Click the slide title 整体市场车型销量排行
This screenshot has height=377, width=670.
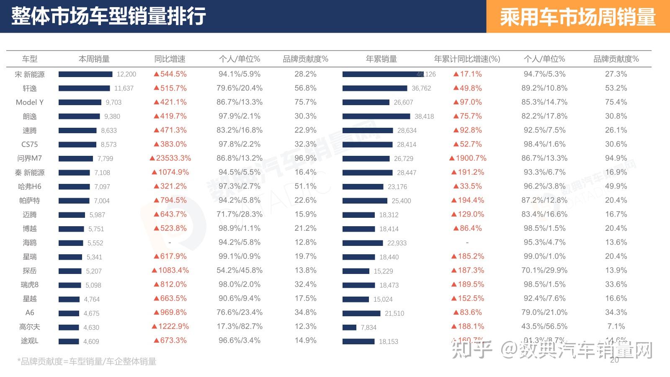[x=108, y=16]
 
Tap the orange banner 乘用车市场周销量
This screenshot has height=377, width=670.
[x=577, y=17]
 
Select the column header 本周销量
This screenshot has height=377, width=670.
[x=94, y=59]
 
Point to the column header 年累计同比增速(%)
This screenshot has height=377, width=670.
[x=467, y=59]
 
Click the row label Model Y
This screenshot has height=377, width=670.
[x=30, y=102]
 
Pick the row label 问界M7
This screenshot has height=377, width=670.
[x=30, y=158]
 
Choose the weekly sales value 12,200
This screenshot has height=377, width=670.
[x=126, y=75]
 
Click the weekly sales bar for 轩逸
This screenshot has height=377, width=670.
[x=84, y=88]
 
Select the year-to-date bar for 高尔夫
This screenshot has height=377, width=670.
[x=349, y=327]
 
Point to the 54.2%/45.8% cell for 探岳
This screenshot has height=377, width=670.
[x=240, y=271]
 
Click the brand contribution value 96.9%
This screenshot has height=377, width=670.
[x=305, y=158]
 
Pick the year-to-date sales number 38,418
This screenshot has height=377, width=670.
[x=424, y=116]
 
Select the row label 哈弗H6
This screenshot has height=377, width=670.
[x=30, y=186]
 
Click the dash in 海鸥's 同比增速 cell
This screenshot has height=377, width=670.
[x=170, y=243]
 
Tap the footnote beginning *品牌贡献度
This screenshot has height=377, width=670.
[x=87, y=362]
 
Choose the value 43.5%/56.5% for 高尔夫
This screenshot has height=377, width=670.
[x=544, y=326]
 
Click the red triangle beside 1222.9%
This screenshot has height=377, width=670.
[x=155, y=326]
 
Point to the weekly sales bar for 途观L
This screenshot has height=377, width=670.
[x=69, y=341]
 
